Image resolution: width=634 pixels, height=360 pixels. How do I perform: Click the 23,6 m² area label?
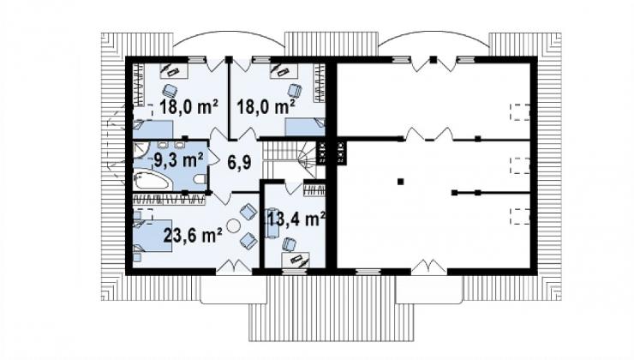(193, 235)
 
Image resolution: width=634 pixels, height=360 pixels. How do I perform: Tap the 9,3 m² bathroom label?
(178, 160)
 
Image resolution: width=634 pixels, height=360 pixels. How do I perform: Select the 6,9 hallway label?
(239, 162)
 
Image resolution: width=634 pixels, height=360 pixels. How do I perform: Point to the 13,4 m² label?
(296, 219)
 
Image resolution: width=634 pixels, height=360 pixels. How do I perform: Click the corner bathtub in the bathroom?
(151, 180)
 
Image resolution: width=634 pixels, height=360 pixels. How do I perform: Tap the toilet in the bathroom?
(200, 179)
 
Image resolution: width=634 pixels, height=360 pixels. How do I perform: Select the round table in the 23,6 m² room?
(233, 225)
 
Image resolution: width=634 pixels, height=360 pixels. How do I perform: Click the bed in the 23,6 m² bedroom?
(153, 236)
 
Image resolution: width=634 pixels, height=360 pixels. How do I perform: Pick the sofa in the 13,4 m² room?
(272, 223)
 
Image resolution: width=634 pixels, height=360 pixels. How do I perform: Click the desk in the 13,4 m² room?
(296, 259)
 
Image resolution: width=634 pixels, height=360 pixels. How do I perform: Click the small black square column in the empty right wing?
(400, 182)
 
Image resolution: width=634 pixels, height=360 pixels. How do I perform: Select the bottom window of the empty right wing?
(368, 272)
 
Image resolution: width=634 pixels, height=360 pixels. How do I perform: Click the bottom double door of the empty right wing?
(429, 267)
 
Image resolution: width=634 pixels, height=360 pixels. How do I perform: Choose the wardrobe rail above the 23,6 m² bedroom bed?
(169, 199)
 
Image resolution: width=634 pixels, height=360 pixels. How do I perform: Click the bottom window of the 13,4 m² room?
(295, 272)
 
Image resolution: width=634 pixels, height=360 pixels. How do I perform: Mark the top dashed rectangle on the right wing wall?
(519, 112)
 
